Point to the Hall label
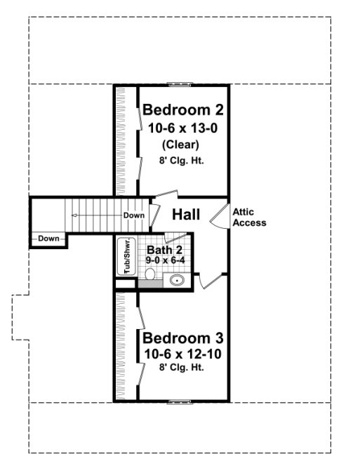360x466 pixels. pos(187,214)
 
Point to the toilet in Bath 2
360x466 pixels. pos(149,274)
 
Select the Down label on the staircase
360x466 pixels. pos(133,215)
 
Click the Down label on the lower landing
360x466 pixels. pos(48,239)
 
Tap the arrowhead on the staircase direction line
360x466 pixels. pos(73,215)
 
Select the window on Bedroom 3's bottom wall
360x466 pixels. pos(180,402)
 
